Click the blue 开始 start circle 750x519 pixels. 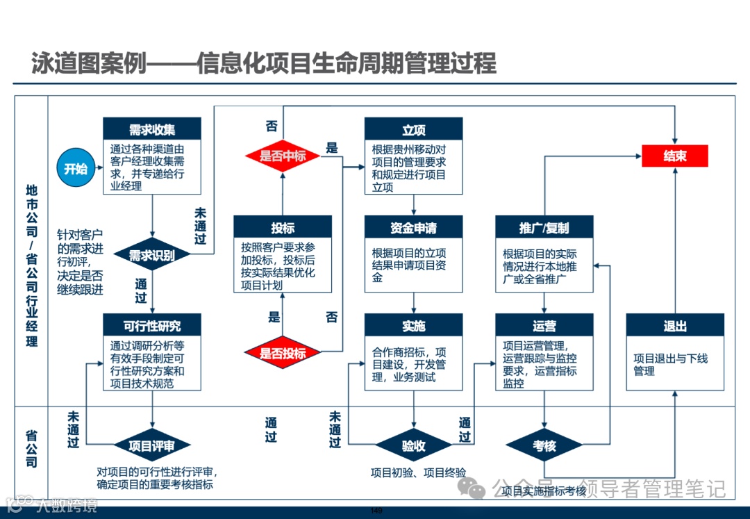76,168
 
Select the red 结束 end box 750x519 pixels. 674,156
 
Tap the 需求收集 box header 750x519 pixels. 152,129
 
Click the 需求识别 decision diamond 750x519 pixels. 152,255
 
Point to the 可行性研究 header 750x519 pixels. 152,325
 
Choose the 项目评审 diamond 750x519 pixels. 152,445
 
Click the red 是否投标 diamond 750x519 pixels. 283,353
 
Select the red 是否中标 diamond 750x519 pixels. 283,156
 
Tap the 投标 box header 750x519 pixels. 283,227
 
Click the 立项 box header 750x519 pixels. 414,129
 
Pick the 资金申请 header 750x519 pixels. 414,227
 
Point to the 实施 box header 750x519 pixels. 414,325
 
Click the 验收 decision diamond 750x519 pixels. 414,445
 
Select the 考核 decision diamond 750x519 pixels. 544,445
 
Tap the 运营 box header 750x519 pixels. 544,325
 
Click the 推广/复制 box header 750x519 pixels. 544,227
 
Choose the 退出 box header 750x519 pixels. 674,325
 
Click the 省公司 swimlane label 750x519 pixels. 32,448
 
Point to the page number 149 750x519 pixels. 376,511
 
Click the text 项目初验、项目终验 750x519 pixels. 418,472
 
